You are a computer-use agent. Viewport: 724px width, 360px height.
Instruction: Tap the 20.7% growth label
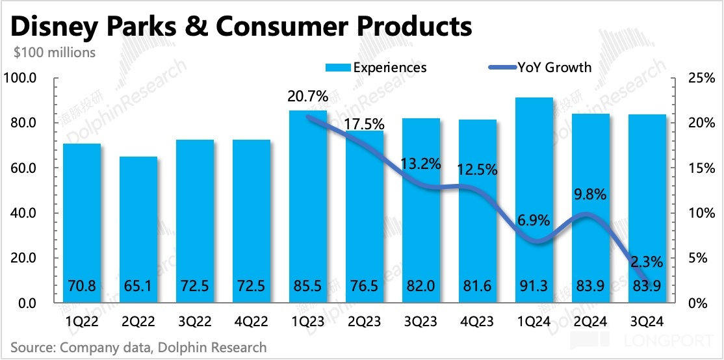(x=307, y=97)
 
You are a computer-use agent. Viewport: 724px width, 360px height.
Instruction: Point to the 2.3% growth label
(x=647, y=262)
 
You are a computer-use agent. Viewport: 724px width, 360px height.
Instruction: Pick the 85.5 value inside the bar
(x=307, y=285)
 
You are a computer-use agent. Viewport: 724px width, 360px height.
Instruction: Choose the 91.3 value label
(x=534, y=285)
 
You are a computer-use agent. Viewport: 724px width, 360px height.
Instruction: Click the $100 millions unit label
(x=54, y=52)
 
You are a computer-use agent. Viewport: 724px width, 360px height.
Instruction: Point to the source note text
(x=138, y=348)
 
